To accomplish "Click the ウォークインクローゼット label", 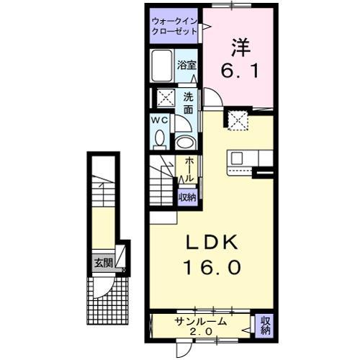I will (176, 26).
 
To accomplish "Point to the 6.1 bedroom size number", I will (241, 73).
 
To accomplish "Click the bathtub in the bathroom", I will (163, 66).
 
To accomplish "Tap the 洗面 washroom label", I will (187, 103).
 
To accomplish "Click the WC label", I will (159, 120).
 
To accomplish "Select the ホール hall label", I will (187, 169).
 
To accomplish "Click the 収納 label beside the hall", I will (187, 196).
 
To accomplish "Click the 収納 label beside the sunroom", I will (264, 325).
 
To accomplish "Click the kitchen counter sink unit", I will (249, 161).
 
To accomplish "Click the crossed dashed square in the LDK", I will (237, 120).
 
